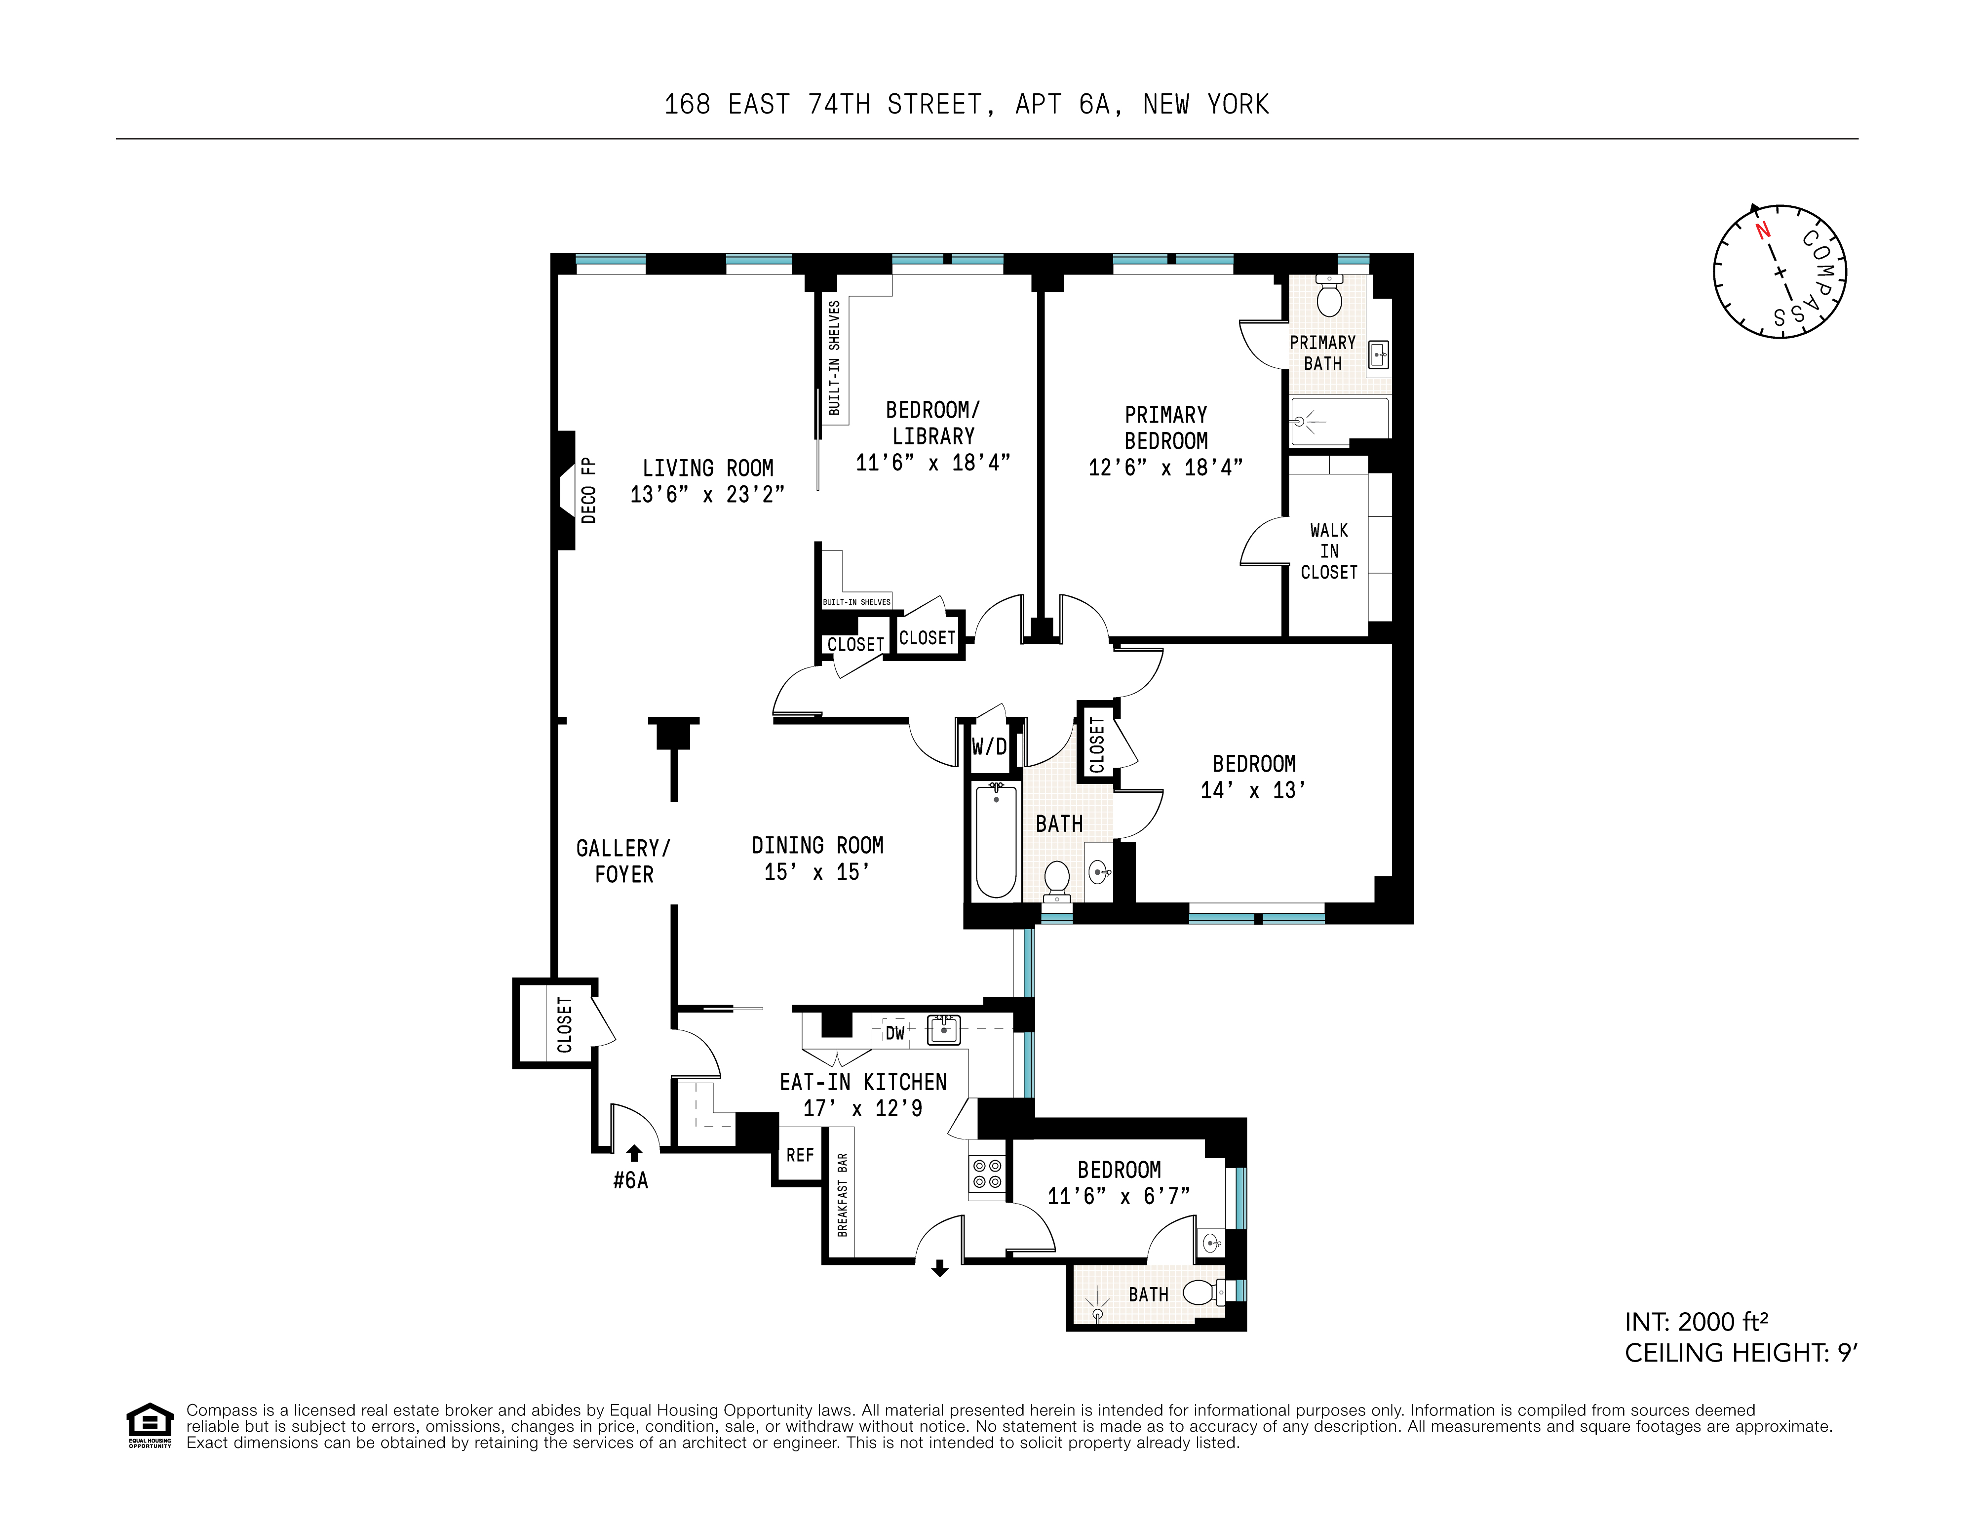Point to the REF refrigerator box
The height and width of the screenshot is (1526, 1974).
[x=800, y=1154]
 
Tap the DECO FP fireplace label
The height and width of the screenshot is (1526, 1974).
[x=588, y=490]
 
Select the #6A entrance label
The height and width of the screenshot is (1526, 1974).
[x=630, y=1180]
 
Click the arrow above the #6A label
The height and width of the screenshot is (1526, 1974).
[x=634, y=1153]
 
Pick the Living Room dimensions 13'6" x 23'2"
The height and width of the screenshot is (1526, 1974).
[x=707, y=495]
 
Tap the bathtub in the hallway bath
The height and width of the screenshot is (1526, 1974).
[x=996, y=841]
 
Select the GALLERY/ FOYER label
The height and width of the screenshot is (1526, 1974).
[x=623, y=861]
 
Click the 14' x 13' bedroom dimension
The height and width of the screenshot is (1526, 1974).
[x=1253, y=790]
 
